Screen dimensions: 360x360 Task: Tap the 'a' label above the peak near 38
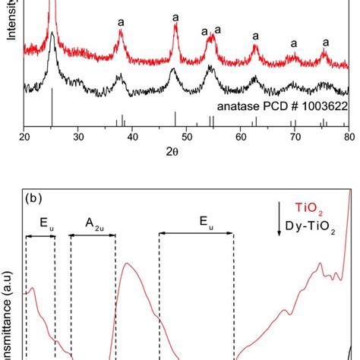pyautogui.click(x=121, y=23)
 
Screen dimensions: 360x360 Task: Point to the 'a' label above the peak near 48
pyautogui.click(x=175, y=17)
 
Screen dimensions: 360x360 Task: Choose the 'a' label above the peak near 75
pyautogui.click(x=326, y=43)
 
